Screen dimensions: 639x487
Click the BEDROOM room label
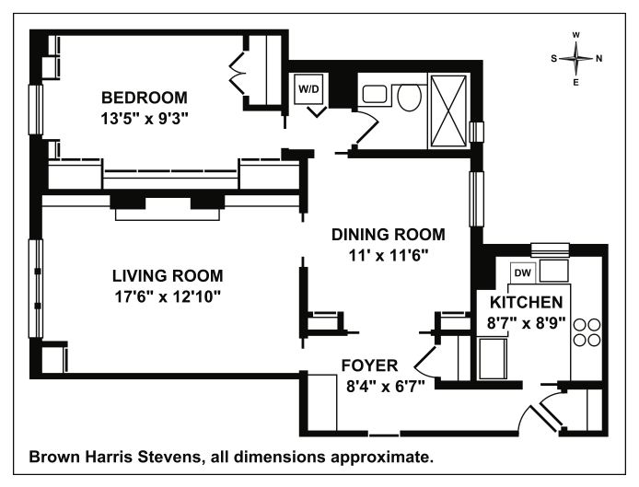tap(145, 98)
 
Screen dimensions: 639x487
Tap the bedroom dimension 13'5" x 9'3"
tap(145, 119)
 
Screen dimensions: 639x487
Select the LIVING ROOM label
tap(168, 276)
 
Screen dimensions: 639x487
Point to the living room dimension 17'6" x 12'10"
tap(168, 297)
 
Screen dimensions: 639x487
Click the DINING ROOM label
tap(389, 235)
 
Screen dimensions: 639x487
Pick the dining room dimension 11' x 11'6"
tap(389, 256)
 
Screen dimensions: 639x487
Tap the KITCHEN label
tap(526, 302)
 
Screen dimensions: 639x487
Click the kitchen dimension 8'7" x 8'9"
tap(526, 323)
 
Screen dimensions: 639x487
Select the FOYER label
tap(369, 365)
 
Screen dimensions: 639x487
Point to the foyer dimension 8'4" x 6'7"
tap(386, 386)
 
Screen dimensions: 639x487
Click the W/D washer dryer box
tap(308, 89)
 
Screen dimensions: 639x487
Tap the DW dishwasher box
tap(523, 272)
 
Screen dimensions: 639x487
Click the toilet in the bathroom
tap(409, 97)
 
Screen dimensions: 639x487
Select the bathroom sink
tap(375, 94)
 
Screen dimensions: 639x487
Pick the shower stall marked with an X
tap(448, 110)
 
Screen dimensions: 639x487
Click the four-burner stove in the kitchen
tap(587, 332)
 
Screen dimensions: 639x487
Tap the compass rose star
tap(575, 59)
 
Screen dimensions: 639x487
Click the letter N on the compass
tap(598, 59)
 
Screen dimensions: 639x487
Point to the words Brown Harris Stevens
tap(116, 457)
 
